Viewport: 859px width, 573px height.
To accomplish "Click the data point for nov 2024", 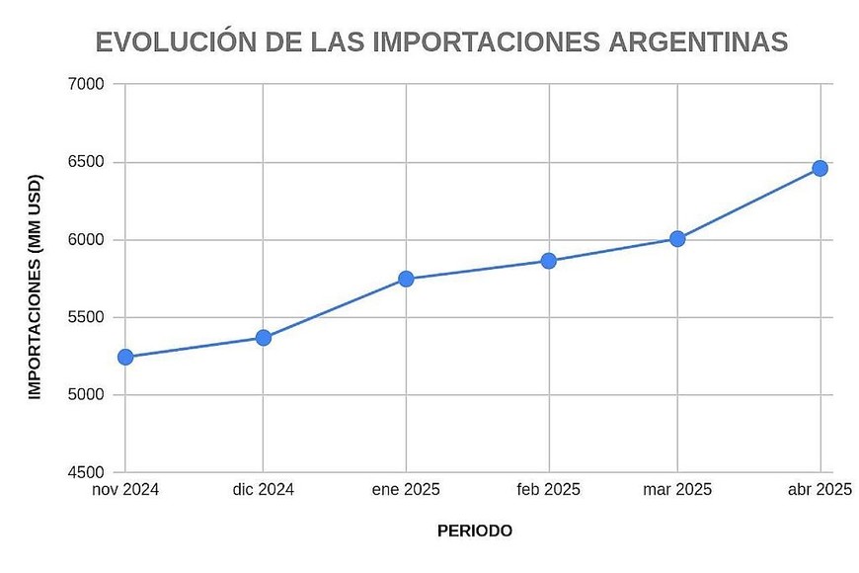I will pyautogui.click(x=125, y=357).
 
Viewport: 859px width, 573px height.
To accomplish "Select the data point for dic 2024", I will pyautogui.click(x=264, y=338).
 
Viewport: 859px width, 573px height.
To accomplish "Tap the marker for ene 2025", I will pyautogui.click(x=406, y=279).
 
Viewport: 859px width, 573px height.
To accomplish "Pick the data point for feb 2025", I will pyautogui.click(x=549, y=261).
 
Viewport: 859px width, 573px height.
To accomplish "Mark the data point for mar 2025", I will pyautogui.click(x=677, y=239).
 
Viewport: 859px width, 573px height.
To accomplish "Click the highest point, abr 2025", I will pyautogui.click(x=820, y=168).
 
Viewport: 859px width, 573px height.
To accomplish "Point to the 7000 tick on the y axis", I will pyautogui.click(x=87, y=85).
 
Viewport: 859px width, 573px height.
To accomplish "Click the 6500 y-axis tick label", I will pyautogui.click(x=87, y=162).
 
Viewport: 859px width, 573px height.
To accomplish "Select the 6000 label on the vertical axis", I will pyautogui.click(x=87, y=240).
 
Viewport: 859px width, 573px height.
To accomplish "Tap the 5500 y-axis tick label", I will pyautogui.click(x=87, y=318).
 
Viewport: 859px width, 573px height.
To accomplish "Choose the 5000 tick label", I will pyautogui.click(x=87, y=395).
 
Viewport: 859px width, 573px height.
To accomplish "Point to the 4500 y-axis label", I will pyautogui.click(x=87, y=473).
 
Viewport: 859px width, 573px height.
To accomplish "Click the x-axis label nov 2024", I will pyautogui.click(x=125, y=490).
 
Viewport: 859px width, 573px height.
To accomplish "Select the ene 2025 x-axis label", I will pyautogui.click(x=406, y=490).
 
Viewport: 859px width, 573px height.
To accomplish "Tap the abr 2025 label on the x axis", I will pyautogui.click(x=820, y=490).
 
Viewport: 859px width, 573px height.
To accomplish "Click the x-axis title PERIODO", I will pyautogui.click(x=475, y=532).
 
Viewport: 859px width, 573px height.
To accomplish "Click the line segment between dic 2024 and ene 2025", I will pyautogui.click(x=335, y=308).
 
